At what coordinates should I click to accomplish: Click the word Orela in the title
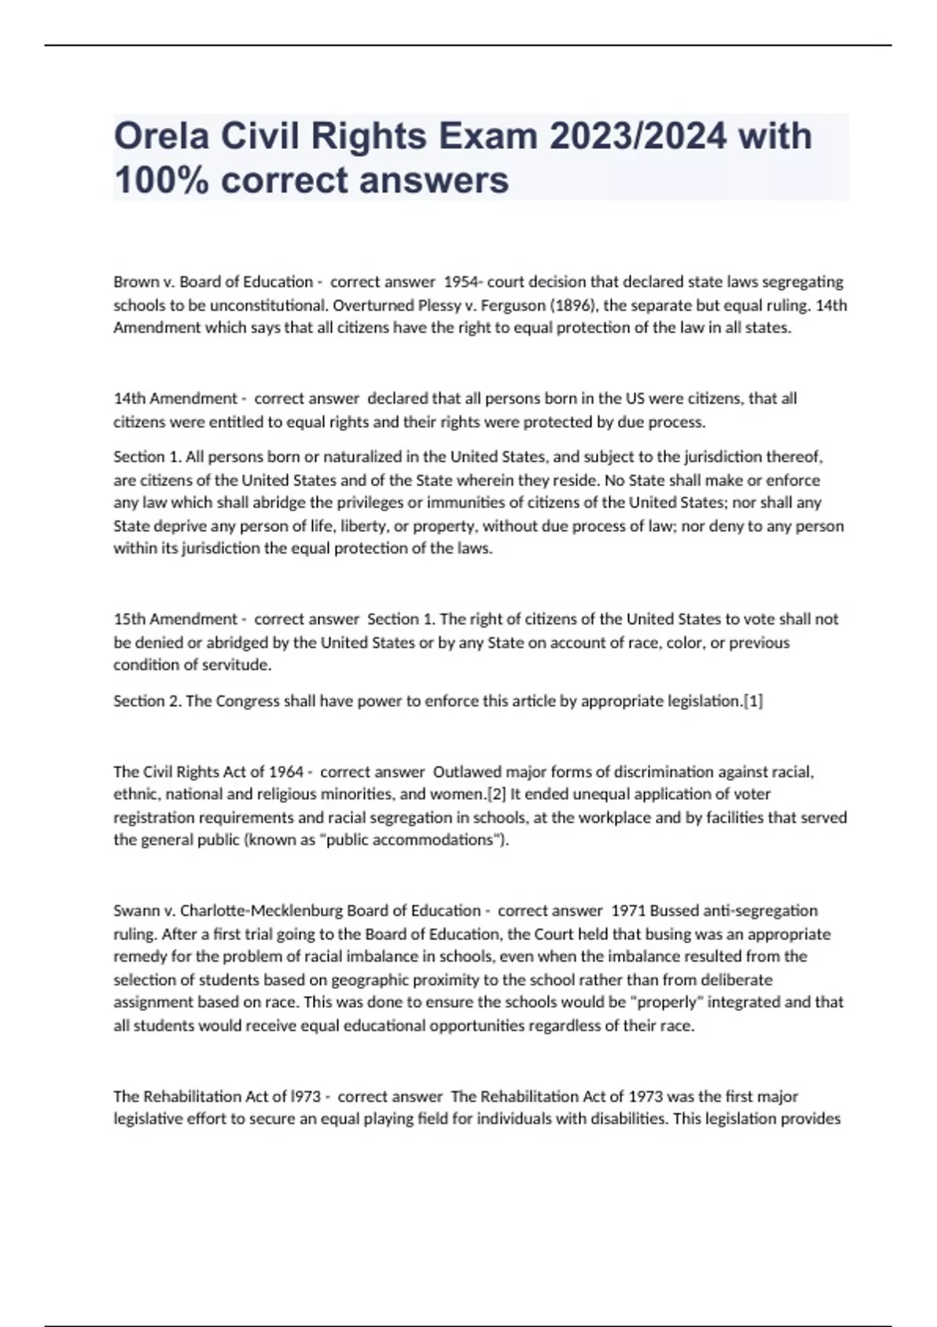161,137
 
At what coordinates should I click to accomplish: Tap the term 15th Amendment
175,619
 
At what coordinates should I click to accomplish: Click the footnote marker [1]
753,701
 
